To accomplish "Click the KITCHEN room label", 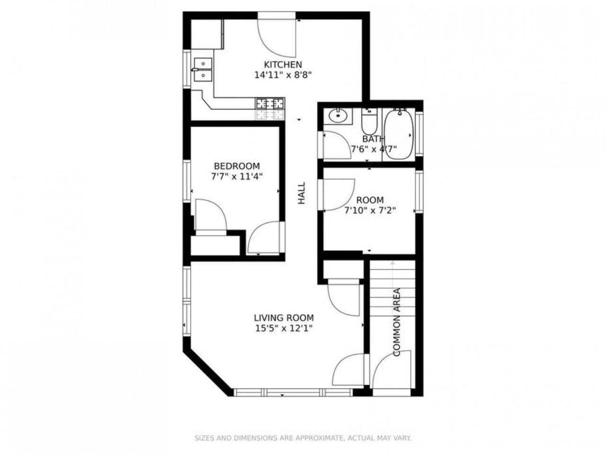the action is [x=283, y=64].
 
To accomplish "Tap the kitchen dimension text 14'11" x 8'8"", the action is [x=283, y=75].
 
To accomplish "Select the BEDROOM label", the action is [x=237, y=166].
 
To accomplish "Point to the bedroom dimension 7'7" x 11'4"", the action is [x=237, y=177].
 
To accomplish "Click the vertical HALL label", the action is [x=302, y=193].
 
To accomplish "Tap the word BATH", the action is [x=373, y=139].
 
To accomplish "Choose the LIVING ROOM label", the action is [x=284, y=318].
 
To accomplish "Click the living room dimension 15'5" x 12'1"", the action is [x=284, y=329].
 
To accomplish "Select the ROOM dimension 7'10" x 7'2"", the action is [x=370, y=211].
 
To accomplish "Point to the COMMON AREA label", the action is [x=396, y=322].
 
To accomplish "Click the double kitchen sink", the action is [x=203, y=70].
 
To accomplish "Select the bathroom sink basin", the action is [x=338, y=116].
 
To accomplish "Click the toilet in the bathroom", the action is [x=369, y=121].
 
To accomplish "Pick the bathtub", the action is [x=399, y=134].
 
